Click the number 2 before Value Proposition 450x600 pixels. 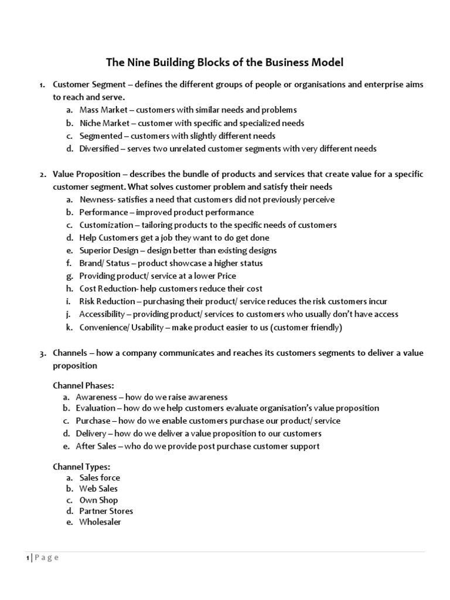43,175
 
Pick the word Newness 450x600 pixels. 95,200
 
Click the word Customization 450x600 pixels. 105,225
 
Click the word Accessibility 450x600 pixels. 102,314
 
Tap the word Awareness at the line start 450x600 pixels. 96,397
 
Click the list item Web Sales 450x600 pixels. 98,489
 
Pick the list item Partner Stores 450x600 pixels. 106,511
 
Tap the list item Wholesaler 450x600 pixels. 100,522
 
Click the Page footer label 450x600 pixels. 46,558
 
